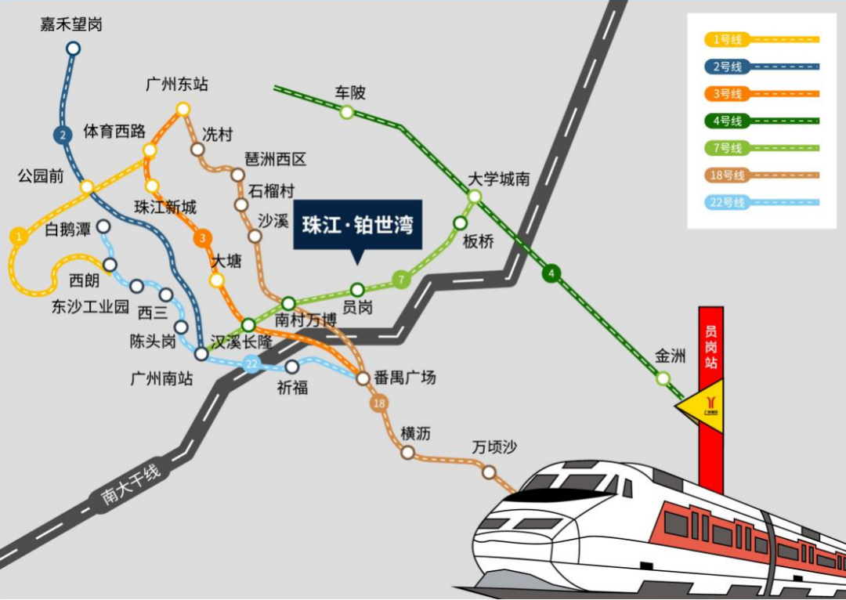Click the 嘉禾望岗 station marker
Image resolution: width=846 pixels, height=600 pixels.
(x=73, y=49)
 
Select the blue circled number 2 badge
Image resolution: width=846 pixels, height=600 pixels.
(x=62, y=135)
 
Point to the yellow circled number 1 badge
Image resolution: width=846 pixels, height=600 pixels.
(x=17, y=235)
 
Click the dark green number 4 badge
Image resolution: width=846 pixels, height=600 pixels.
(x=552, y=273)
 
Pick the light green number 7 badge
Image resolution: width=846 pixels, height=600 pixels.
(x=401, y=279)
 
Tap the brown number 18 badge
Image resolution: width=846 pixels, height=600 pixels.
(x=380, y=403)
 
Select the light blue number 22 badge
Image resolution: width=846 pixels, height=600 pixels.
(x=251, y=363)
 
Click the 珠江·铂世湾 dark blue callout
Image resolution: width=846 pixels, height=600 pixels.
(x=357, y=226)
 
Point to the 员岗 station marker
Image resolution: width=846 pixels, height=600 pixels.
(x=357, y=289)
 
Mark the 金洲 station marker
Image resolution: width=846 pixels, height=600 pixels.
(x=663, y=378)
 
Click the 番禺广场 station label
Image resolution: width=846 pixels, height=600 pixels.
(x=404, y=378)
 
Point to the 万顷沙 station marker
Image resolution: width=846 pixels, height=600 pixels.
(x=489, y=472)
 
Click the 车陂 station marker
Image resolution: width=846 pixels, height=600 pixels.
(x=346, y=112)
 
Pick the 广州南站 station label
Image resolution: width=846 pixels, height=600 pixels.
(x=161, y=379)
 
